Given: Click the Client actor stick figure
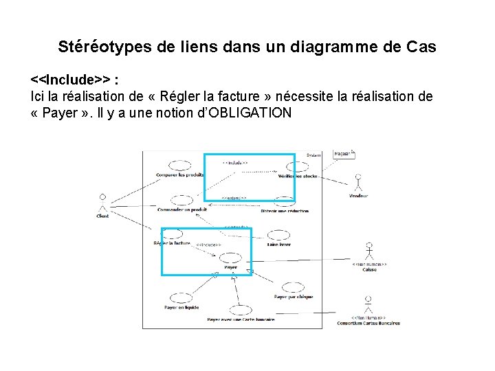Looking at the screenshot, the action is tap(102, 202).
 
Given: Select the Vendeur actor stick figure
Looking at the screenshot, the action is tap(357, 183).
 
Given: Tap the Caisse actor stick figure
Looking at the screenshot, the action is tap(370, 251).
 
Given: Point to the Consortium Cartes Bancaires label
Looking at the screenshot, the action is tap(368, 323).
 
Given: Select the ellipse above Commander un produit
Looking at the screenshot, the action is tap(180, 201).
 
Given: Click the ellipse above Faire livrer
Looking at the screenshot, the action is tap(278, 236).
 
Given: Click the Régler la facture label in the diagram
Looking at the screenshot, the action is tap(172, 243).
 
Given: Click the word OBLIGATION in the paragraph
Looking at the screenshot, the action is tap(248, 113).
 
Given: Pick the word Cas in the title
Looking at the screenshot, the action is tap(421, 47).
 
